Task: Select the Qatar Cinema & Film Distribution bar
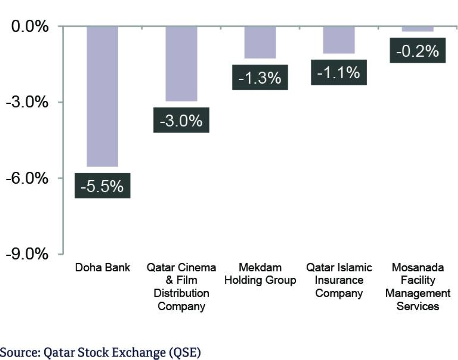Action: (181, 63)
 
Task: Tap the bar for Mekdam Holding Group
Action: (260, 42)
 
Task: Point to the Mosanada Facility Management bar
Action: (418, 29)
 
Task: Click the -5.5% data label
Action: (102, 186)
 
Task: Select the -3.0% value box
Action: (181, 120)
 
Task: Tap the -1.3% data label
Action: (260, 77)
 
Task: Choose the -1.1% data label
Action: (339, 72)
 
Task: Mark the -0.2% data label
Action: (418, 50)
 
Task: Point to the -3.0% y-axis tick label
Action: (27, 102)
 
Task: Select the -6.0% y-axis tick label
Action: (27, 178)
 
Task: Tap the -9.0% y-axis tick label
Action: (27, 254)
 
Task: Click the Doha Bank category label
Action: (102, 268)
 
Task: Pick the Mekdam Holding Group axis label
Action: (260, 274)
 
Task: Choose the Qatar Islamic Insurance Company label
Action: (339, 280)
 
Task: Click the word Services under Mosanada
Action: (418, 306)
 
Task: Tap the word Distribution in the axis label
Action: (181, 294)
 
